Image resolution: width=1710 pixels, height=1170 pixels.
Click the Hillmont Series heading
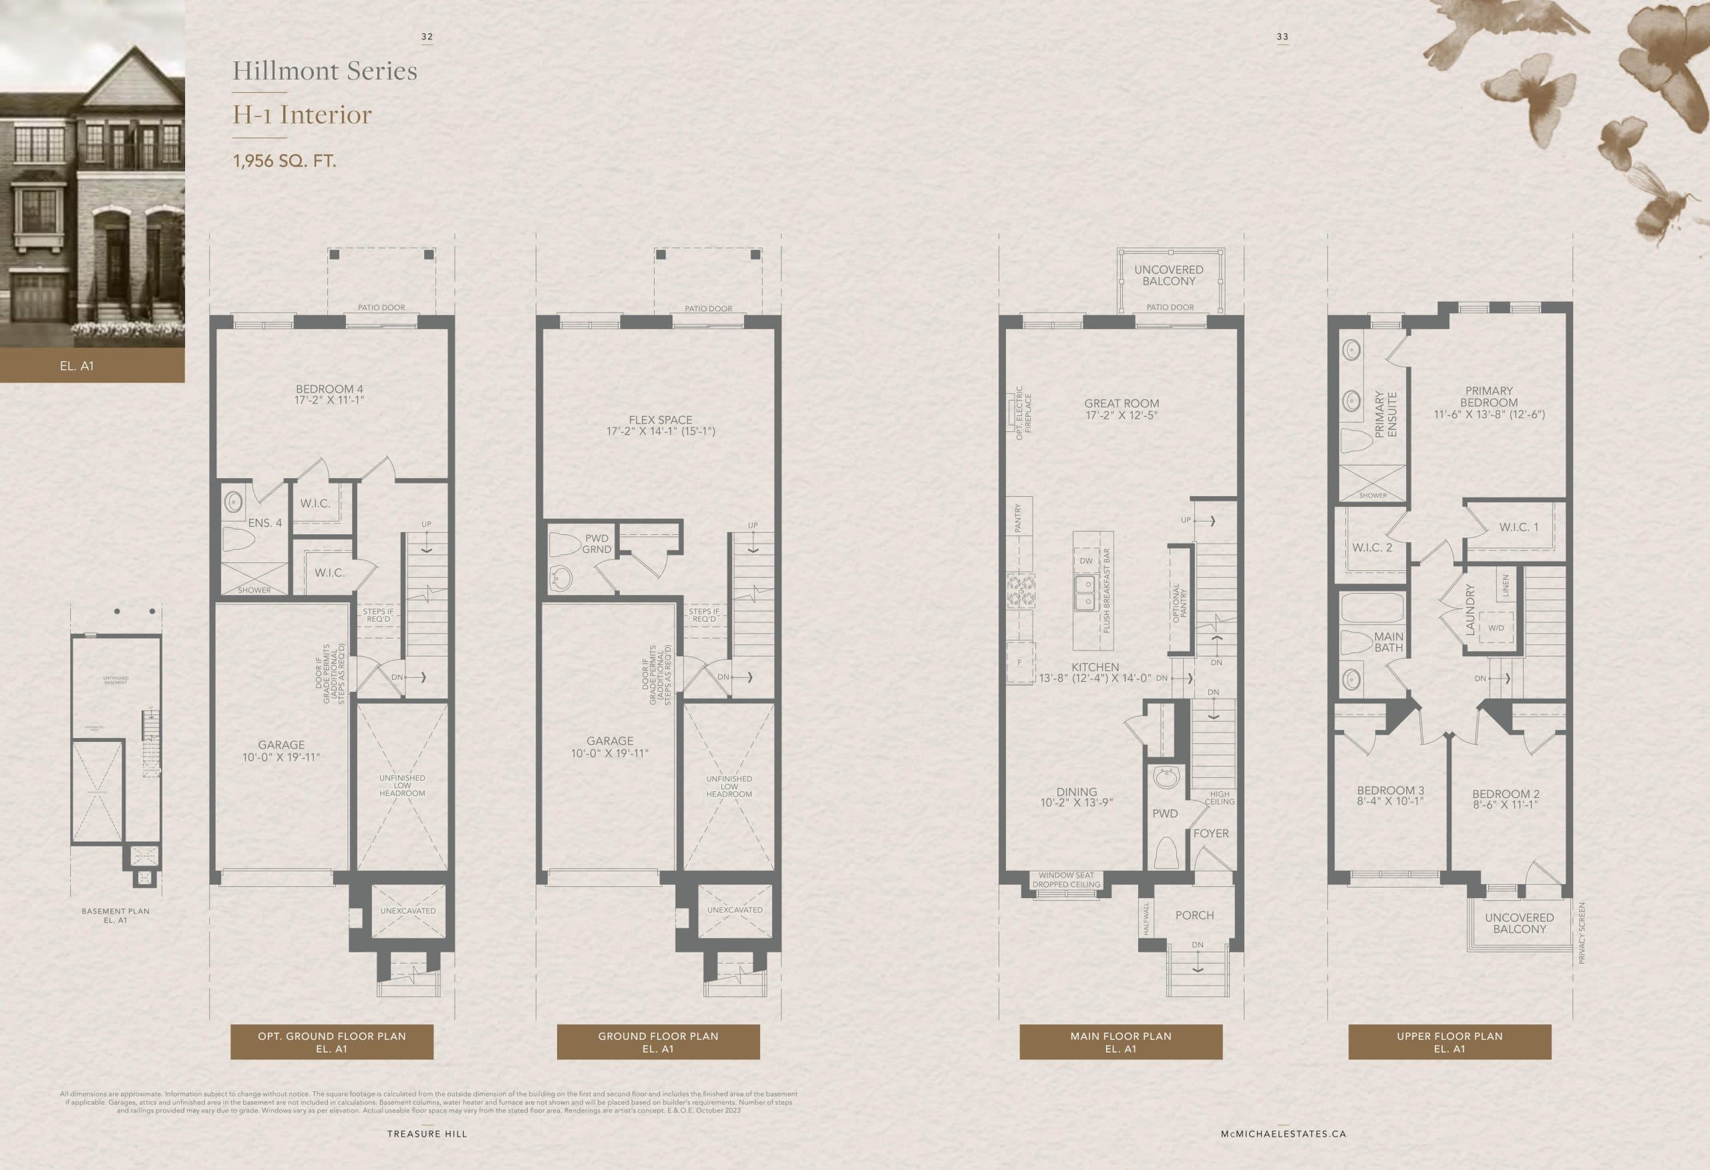pos(325,71)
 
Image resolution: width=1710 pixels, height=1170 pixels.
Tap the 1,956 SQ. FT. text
pos(284,160)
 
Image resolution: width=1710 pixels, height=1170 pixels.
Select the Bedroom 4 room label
pos(329,395)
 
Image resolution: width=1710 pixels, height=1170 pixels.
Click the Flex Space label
pos(660,425)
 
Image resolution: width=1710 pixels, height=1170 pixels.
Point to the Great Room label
pos(1121,409)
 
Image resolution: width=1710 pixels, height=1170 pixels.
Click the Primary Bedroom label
pos(1488,403)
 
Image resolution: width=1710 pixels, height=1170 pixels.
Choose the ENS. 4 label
pos(265,523)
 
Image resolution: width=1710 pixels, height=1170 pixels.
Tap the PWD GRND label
pos(596,544)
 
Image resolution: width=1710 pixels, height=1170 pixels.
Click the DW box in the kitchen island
pos(1086,561)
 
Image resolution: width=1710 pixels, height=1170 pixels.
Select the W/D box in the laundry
pos(1496,628)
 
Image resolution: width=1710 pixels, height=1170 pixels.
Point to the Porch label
pos(1194,916)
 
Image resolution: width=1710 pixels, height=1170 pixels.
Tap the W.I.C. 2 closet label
pos(1371,548)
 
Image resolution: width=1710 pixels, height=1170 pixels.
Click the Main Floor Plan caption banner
pos(1120,1042)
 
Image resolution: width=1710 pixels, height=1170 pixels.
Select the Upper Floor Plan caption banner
pos(1449,1042)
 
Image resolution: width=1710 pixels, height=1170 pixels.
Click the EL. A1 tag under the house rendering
pos(77,366)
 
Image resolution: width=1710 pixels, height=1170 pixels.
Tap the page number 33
pos(1282,37)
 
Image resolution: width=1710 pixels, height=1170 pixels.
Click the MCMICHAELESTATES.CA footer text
pos(1283,1134)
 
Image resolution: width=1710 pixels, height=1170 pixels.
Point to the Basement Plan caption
pos(115,916)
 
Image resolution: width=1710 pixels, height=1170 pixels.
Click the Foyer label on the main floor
pos(1210,833)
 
